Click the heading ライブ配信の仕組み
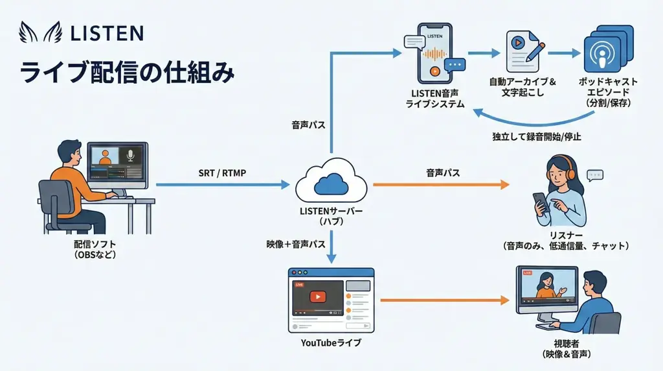[x=127, y=71]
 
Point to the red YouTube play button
[x=317, y=296]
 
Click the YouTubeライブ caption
[x=331, y=342]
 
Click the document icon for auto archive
[x=523, y=52]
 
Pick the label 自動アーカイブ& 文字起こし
[x=523, y=87]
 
